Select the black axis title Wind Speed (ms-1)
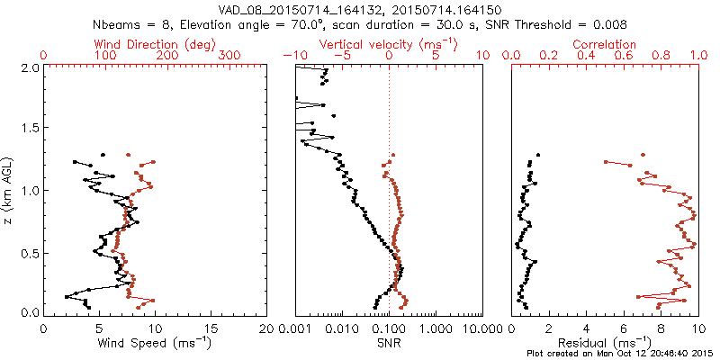155,343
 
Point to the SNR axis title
389,343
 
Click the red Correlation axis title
605,44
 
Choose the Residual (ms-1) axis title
605,343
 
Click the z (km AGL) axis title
9,188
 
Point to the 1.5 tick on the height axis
29,129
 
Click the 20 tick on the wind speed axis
267,328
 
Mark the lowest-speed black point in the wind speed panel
67,296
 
